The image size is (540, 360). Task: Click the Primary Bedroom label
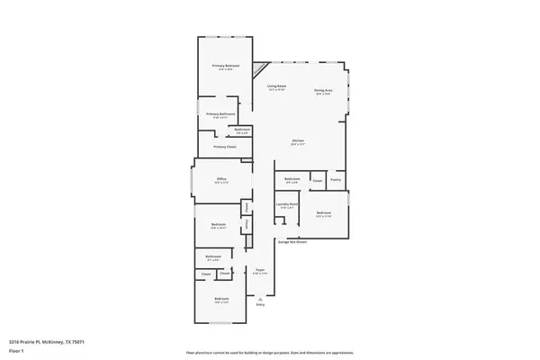coord(225,66)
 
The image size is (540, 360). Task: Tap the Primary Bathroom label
coord(220,113)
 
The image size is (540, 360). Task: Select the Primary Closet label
coord(222,146)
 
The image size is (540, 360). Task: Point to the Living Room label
coord(276,85)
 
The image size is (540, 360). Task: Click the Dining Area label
coord(323,90)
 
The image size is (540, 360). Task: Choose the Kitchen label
coord(297,141)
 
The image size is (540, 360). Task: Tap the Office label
coord(221,179)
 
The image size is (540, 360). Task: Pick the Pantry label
coord(335,180)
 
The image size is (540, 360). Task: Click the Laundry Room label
coord(287,205)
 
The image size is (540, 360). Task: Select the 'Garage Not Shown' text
coord(292,242)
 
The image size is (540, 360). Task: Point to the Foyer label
coord(259,269)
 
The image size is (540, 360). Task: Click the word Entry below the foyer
coord(260,305)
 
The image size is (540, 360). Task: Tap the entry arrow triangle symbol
coord(260,299)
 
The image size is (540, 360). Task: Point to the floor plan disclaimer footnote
coord(269,352)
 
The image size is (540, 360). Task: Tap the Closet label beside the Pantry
coord(317,180)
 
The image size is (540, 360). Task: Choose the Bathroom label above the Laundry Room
coord(292,179)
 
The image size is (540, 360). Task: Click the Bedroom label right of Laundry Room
coord(324,213)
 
